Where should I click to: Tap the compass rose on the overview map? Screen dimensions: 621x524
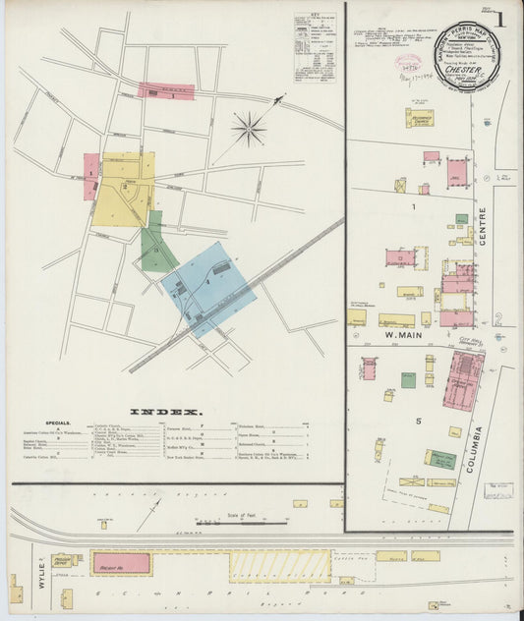coord(249,128)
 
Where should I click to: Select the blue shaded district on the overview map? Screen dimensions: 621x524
coord(207,288)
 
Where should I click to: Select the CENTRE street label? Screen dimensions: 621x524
coord(483,226)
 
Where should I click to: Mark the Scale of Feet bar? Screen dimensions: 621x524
coord(241,523)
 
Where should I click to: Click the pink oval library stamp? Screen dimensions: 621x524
coord(408,62)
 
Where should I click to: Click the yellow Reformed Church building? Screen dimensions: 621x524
coord(421,118)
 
